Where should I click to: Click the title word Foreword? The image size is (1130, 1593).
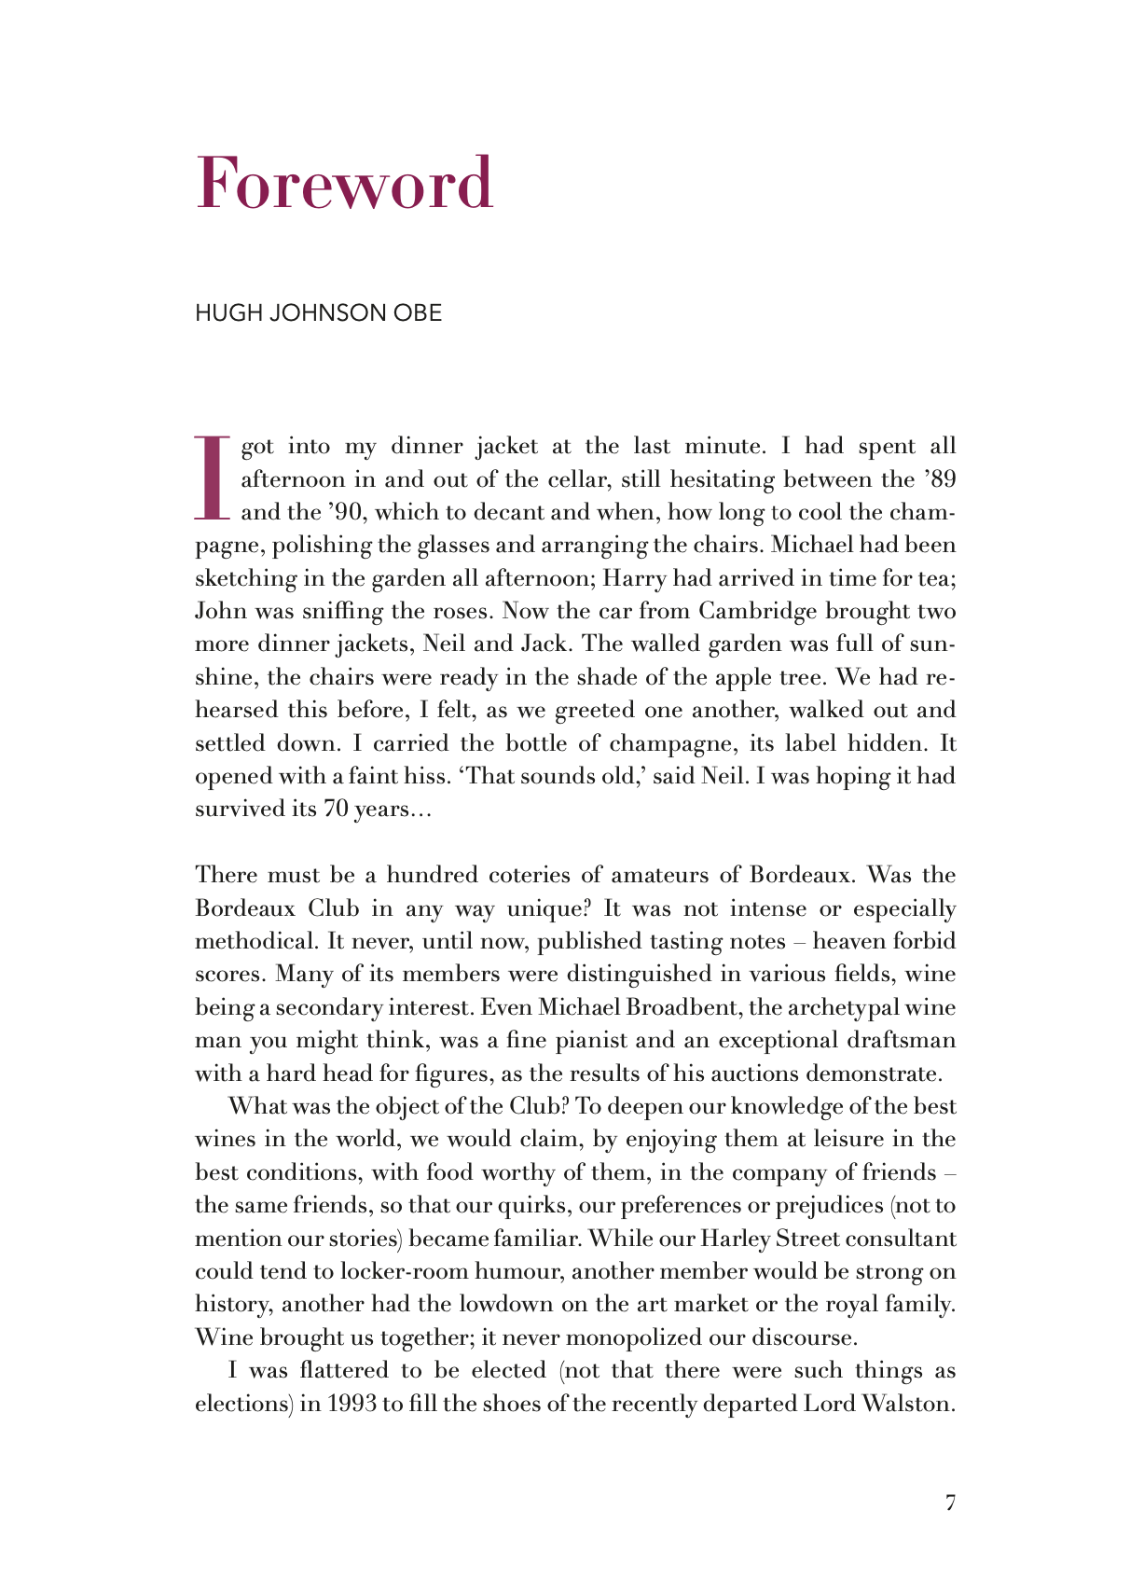tap(344, 183)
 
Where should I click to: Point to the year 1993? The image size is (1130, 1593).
tap(351, 1404)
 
